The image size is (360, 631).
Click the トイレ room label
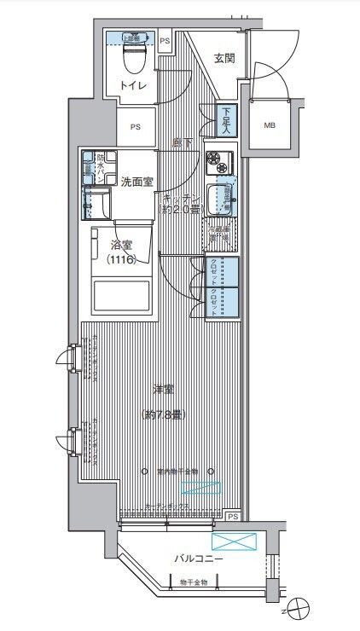pyautogui.click(x=132, y=86)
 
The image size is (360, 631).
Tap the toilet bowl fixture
pyautogui.click(x=133, y=55)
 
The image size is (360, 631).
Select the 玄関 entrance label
pyautogui.click(x=224, y=59)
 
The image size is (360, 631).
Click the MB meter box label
pyautogui.click(x=270, y=125)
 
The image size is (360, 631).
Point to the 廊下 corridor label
pyautogui.click(x=179, y=141)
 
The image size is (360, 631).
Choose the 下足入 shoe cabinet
pyautogui.click(x=226, y=120)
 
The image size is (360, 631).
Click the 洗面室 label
pyautogui.click(x=136, y=182)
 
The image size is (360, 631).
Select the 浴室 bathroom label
pyautogui.click(x=121, y=246)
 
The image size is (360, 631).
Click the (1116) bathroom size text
pyautogui.click(x=121, y=260)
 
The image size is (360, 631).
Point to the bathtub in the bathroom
pyautogui.click(x=121, y=297)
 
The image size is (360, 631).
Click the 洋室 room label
pyautogui.click(x=163, y=390)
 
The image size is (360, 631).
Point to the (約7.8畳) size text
pyautogui.click(x=163, y=415)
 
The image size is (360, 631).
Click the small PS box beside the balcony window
pyautogui.click(x=233, y=516)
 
